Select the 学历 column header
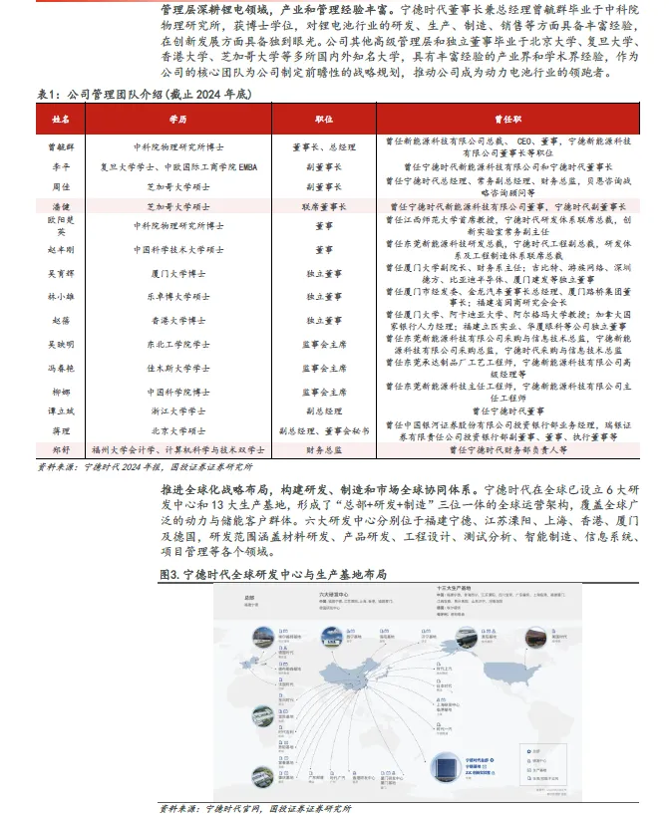coord(177,119)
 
